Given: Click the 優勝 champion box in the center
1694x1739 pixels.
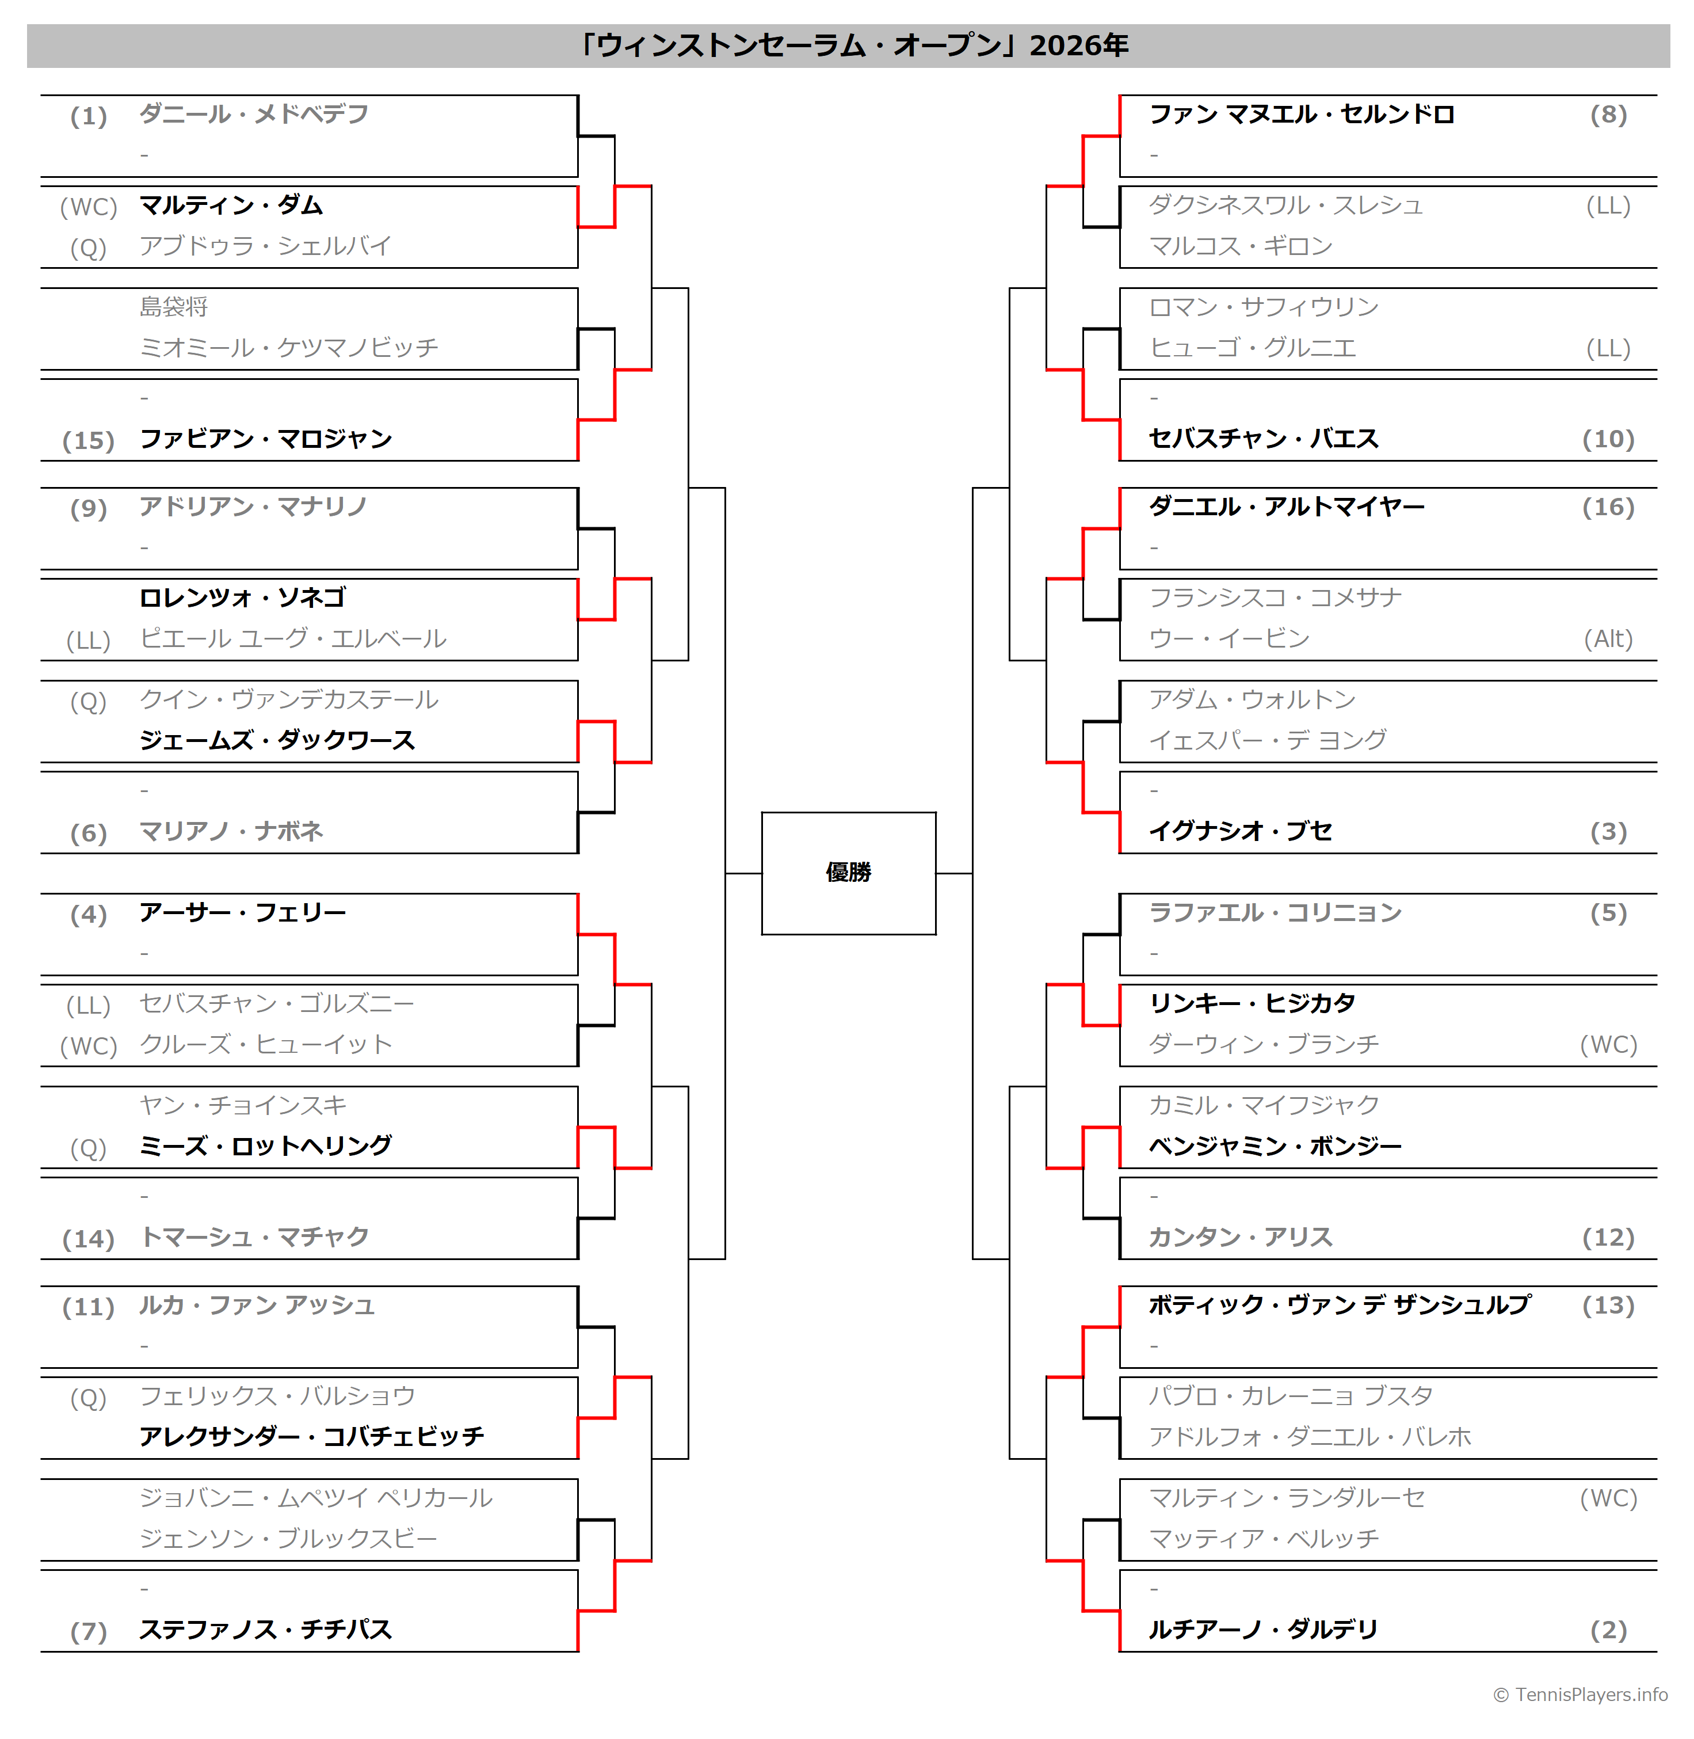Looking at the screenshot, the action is (848, 873).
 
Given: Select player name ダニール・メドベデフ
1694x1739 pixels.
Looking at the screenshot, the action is (254, 115).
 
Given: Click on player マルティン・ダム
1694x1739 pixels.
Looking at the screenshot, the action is (231, 206).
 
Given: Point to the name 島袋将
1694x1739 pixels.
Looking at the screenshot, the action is (174, 307).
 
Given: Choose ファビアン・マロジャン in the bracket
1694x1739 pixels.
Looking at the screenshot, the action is (266, 439).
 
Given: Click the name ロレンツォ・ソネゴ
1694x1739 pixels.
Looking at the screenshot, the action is (242, 597).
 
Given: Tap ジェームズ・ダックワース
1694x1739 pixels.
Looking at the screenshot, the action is (277, 740).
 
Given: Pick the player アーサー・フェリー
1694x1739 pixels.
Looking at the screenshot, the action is (243, 913).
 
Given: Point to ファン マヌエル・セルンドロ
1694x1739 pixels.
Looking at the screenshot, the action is (1302, 115).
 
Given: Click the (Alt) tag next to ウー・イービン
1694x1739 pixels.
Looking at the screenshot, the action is (1609, 639).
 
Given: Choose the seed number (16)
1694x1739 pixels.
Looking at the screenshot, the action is (1609, 507).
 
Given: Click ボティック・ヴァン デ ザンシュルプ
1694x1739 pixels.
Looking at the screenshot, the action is (1340, 1306).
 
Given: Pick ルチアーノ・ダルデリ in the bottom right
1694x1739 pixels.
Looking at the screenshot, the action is (1264, 1630).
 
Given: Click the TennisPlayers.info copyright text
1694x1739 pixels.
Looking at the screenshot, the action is (1580, 1695).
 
